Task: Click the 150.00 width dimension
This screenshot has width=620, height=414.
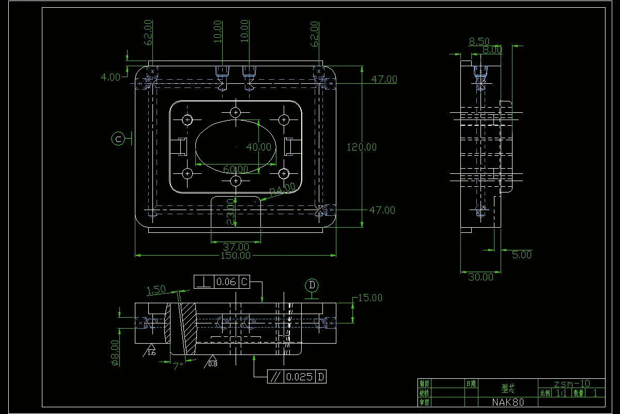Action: point(236,255)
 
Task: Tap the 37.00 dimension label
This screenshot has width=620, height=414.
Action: point(236,246)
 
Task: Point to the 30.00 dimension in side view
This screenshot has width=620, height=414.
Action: point(481,277)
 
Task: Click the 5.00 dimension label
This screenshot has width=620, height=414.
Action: point(521,254)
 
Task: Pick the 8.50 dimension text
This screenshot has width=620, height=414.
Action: point(479,41)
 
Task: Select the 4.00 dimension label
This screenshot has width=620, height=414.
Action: point(111,77)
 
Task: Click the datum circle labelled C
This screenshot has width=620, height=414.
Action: point(118,139)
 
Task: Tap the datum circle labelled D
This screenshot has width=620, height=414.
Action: point(312,285)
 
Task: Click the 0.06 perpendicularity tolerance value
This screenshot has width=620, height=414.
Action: point(226,282)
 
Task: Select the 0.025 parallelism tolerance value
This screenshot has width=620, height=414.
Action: point(300,377)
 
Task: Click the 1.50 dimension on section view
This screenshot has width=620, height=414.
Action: point(156,290)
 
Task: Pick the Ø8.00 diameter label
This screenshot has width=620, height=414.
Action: point(115,353)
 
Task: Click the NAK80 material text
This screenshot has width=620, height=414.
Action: point(508,402)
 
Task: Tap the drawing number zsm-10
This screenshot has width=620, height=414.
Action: point(571,383)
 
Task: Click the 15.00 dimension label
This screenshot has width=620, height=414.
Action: point(369,298)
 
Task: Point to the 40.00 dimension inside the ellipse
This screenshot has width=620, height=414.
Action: point(258,147)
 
